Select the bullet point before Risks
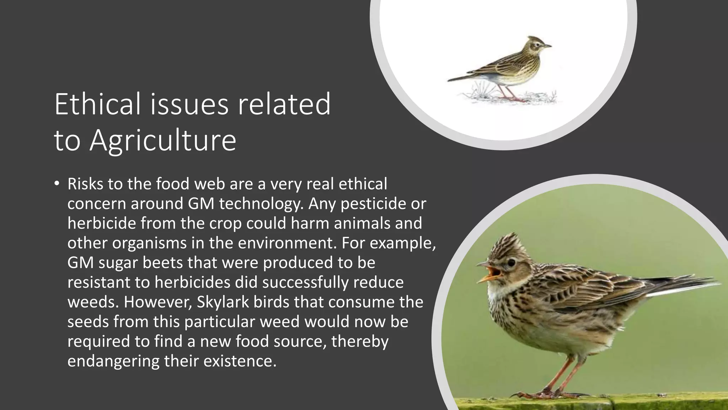point(57,184)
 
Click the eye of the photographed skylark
point(511,263)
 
